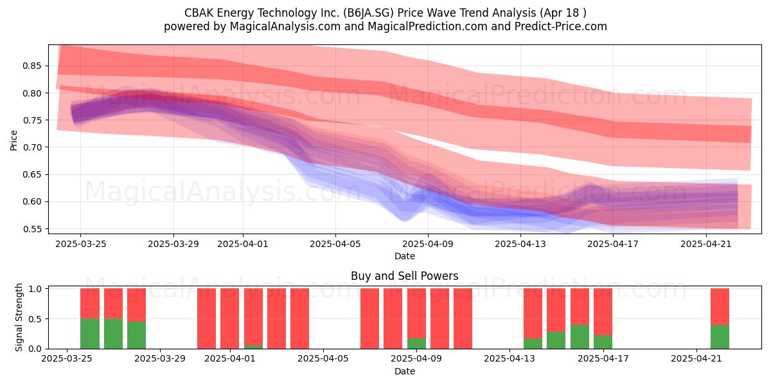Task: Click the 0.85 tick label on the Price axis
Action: click(x=32, y=66)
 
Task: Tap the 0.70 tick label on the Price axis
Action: click(x=32, y=147)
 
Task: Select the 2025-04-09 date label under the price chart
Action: click(x=428, y=244)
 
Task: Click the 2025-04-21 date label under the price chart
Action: click(x=706, y=244)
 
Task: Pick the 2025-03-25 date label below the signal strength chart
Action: click(x=67, y=359)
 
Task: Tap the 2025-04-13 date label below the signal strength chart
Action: click(x=510, y=359)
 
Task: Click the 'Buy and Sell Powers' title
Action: click(x=404, y=276)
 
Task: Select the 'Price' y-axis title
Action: click(x=13, y=140)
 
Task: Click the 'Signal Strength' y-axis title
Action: click(x=19, y=317)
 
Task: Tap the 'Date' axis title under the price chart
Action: click(x=404, y=257)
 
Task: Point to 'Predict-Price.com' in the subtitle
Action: click(x=561, y=26)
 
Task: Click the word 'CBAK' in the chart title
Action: click(x=199, y=13)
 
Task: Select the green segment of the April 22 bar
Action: click(x=720, y=336)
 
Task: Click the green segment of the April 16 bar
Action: click(x=580, y=336)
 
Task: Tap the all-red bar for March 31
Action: click(x=206, y=318)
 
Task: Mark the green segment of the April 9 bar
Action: click(x=416, y=344)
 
